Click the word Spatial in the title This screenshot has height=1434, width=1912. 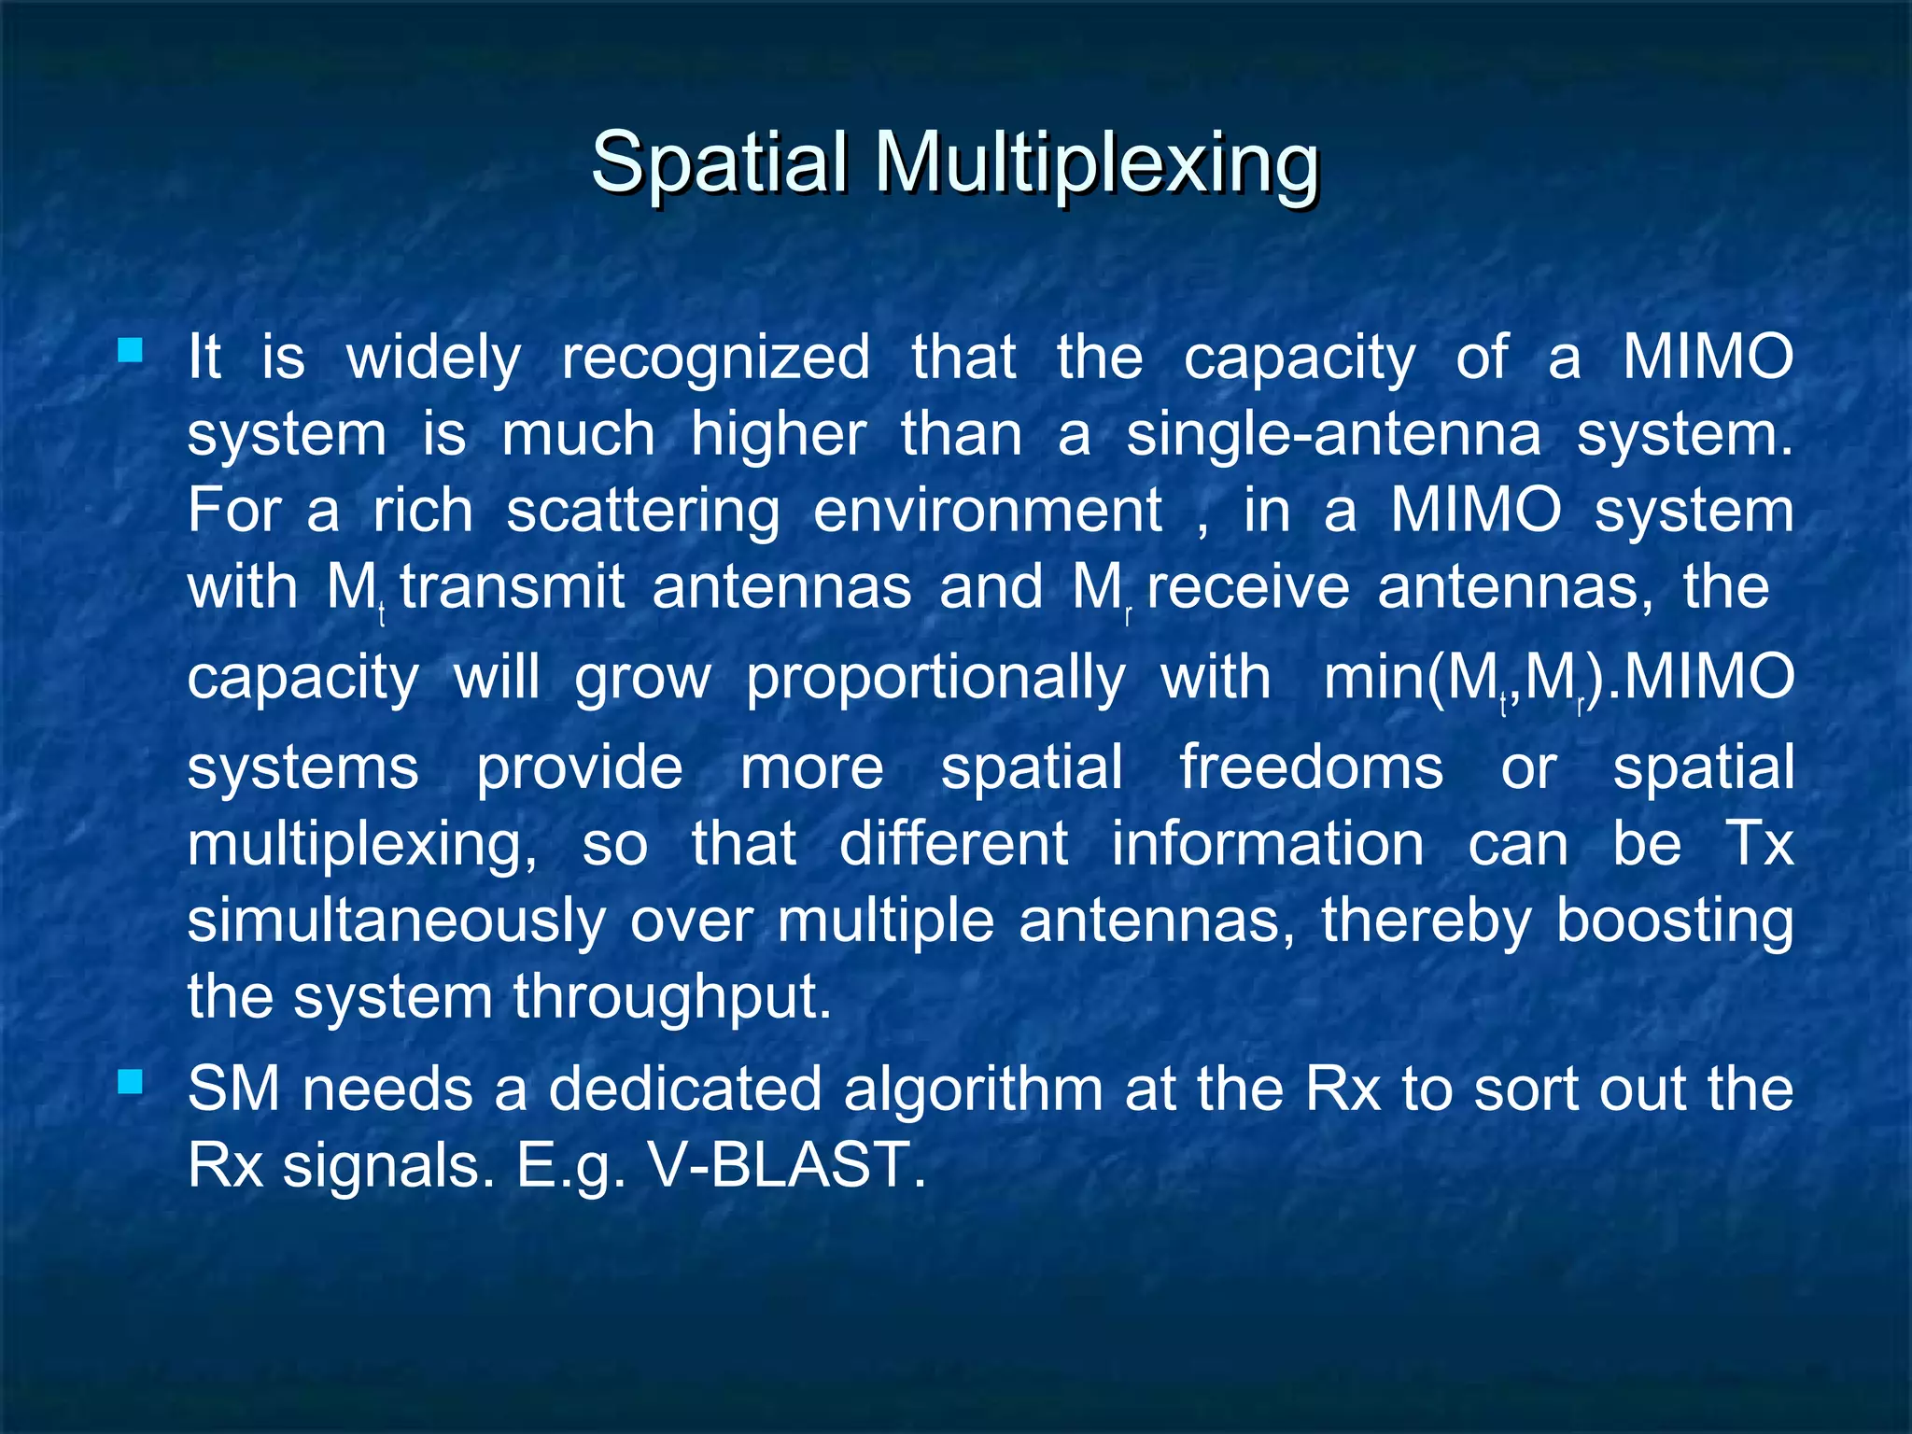tap(719, 161)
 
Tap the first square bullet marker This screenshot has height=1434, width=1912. tap(131, 351)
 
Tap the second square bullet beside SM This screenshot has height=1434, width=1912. tap(131, 1082)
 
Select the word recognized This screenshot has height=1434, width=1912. tap(715, 359)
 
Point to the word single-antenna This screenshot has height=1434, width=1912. tap(1333, 436)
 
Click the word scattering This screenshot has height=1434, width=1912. tap(643, 513)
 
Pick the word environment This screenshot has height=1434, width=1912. tap(988, 511)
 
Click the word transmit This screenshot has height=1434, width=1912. tap(513, 588)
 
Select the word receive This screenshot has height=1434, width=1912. tap(1248, 588)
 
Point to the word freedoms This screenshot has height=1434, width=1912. tap(1311, 767)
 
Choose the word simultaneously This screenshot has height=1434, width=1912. tap(397, 922)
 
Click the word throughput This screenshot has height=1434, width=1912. tap(671, 998)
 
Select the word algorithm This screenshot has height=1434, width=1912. tap(974, 1090)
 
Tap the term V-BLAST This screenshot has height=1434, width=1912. tap(786, 1165)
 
